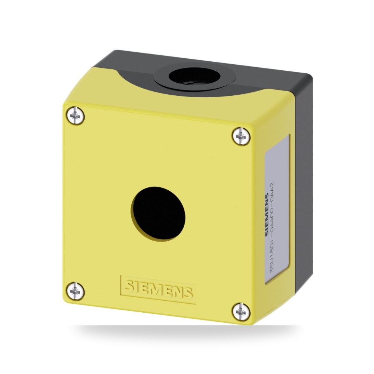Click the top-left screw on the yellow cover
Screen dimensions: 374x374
pyautogui.click(x=76, y=116)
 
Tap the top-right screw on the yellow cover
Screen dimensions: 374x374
pyautogui.click(x=241, y=136)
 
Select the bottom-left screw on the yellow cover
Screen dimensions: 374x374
pyautogui.click(x=76, y=291)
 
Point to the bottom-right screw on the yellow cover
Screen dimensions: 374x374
pyautogui.click(x=241, y=312)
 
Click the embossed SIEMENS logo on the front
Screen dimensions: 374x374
pyautogui.click(x=158, y=290)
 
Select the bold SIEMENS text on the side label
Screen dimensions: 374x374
pyautogui.click(x=267, y=215)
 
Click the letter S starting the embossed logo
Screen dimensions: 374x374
pyautogui.click(x=131, y=286)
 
